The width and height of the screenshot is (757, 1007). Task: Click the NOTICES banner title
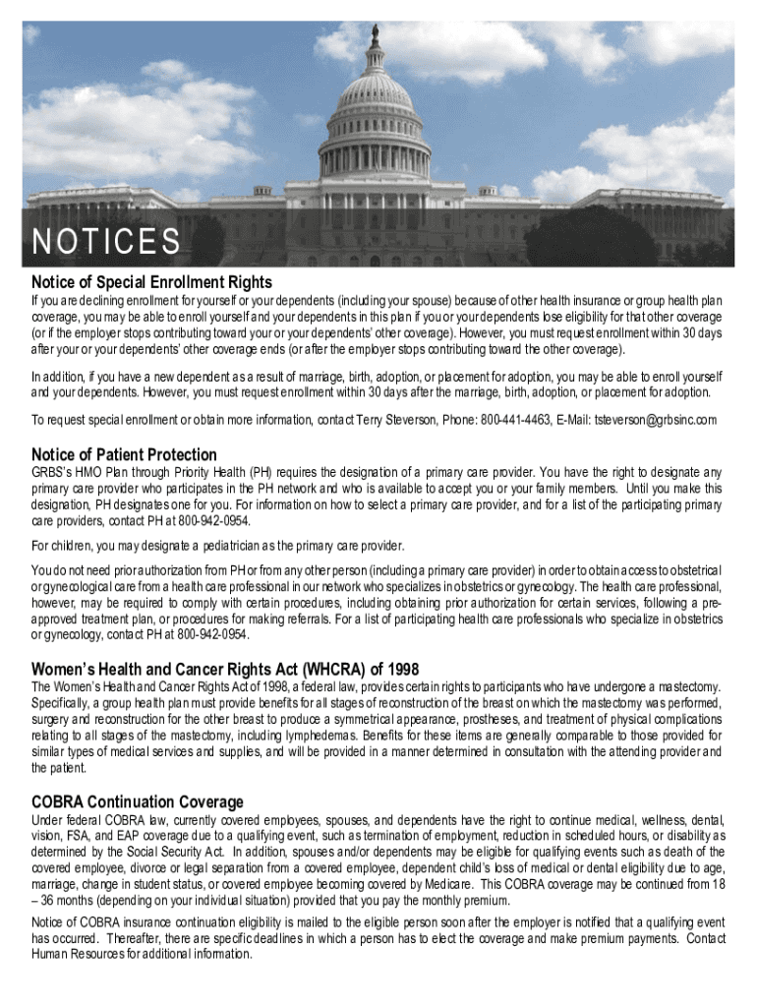tap(106, 241)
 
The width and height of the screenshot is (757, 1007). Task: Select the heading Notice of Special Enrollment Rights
tap(151, 283)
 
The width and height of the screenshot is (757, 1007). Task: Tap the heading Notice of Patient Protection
tap(124, 454)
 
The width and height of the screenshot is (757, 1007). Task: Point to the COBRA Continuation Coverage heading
tap(137, 801)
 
